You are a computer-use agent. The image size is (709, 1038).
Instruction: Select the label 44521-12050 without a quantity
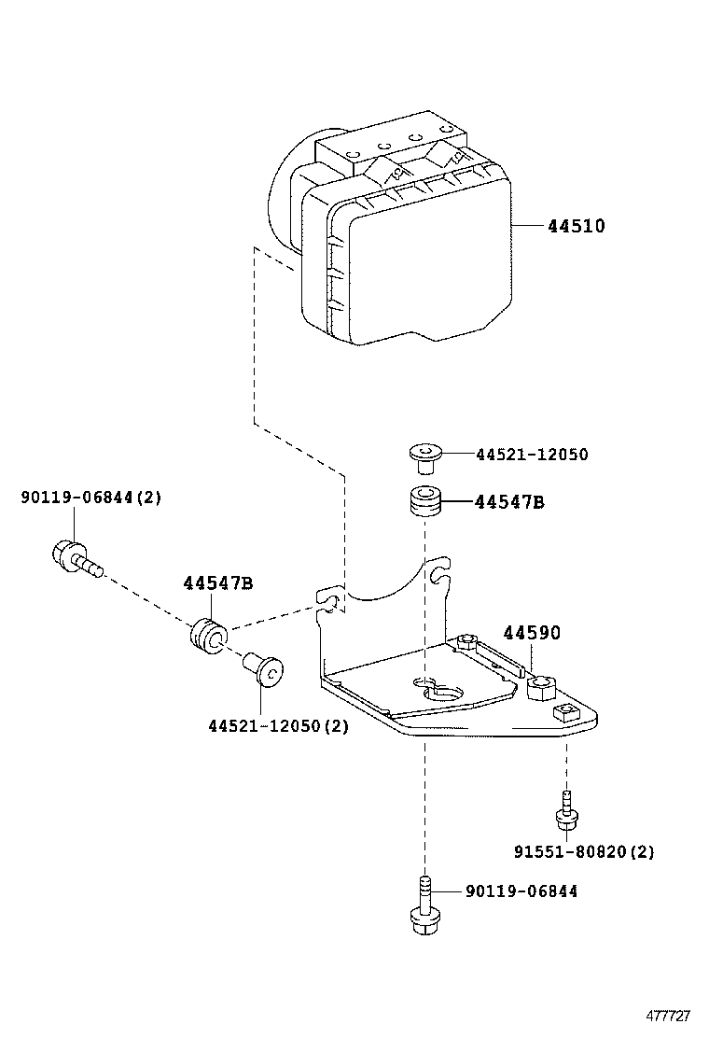(532, 455)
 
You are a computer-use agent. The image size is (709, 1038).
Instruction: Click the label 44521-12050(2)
(278, 725)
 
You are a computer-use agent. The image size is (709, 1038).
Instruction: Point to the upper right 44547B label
(509, 502)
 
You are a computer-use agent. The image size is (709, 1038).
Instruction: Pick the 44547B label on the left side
(217, 583)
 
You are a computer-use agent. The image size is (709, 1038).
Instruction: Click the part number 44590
(532, 633)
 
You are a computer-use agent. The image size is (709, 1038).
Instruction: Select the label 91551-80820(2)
(584, 851)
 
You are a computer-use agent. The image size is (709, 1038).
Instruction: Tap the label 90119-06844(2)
(90, 498)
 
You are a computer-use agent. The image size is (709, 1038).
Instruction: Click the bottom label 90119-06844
(521, 891)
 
